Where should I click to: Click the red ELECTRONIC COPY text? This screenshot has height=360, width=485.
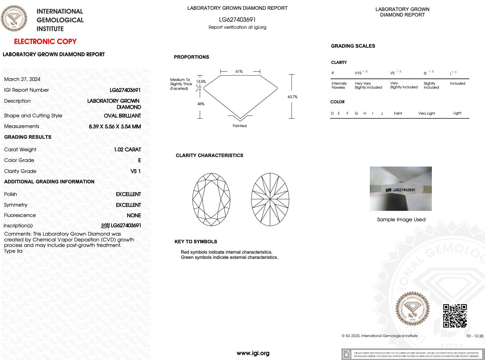coord(45,42)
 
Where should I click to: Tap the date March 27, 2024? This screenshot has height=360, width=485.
coord(22,79)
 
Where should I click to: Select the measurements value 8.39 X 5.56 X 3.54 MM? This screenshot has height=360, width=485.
coord(115,127)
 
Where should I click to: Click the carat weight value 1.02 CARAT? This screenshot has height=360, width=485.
coord(127,149)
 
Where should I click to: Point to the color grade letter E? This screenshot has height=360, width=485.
coord(139,160)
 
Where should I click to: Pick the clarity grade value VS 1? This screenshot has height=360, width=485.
coord(135,171)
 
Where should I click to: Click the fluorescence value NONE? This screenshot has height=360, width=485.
coord(134,215)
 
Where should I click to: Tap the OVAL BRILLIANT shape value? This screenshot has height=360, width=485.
coord(122,116)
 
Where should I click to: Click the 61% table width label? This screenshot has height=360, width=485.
coord(239,72)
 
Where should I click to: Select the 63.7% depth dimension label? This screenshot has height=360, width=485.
coord(292,97)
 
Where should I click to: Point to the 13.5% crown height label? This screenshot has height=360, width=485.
coord(201,82)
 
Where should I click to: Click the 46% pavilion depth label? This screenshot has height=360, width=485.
coord(201,104)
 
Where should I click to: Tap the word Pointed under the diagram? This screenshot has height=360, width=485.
coord(239,126)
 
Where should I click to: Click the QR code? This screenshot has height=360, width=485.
coord(455,316)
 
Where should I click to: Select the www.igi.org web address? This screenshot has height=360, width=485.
coord(253,353)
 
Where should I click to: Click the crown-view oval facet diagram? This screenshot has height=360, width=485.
coord(211,200)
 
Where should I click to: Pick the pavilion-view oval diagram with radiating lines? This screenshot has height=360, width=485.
coord(270,200)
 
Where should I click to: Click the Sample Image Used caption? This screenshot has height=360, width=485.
coord(401,219)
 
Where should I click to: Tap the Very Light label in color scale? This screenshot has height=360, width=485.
coord(426,113)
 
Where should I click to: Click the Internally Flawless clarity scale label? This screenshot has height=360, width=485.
coord(339,85)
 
